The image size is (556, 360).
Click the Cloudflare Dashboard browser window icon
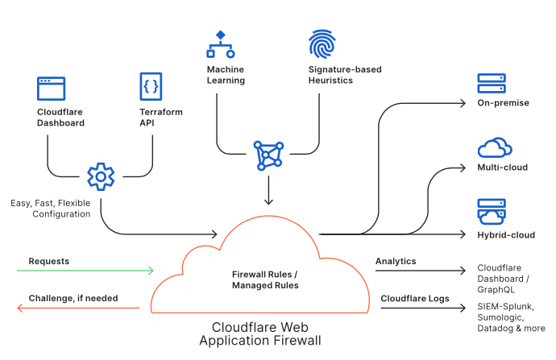tap(52, 88)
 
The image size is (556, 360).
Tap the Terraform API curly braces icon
tap(151, 85)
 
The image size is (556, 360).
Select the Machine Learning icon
tap(220, 45)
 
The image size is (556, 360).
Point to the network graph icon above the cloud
tap(268, 155)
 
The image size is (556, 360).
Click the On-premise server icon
tap(491, 84)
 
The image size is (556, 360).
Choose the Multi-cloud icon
tap(494, 147)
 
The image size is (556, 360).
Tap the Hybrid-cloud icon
tap(491, 212)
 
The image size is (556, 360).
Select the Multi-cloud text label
tap(502, 168)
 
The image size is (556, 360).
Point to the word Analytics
tap(396, 261)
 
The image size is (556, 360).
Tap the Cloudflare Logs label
tap(415, 298)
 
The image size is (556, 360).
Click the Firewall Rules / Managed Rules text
tap(265, 279)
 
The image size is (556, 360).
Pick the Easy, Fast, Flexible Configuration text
tap(50, 209)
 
